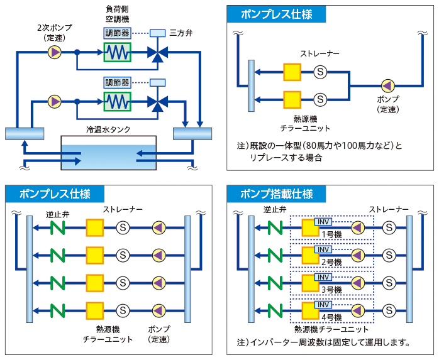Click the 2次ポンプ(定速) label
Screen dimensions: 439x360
coord(55,33)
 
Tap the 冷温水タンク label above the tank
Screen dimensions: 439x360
coord(108,130)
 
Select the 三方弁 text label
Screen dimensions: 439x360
coord(181,33)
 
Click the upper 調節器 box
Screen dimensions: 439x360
coord(118,33)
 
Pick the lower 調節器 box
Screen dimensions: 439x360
coord(118,82)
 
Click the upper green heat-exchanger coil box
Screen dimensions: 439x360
coord(118,52)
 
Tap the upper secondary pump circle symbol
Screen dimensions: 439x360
coord(55,52)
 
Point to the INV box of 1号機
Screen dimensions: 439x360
coord(323,222)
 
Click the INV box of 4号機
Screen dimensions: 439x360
coord(323,305)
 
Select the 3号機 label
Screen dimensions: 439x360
coord(331,290)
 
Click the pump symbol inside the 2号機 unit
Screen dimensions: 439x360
coord(358,255)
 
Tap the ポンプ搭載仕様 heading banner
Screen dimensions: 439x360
coord(276,194)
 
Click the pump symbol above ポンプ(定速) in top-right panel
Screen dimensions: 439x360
coord(388,85)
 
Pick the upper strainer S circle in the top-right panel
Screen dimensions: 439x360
coord(320,72)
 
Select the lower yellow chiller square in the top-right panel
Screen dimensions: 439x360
coord(292,99)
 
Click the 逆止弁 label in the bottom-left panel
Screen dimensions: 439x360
coord(58,214)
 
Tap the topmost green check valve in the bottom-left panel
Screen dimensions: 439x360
coord(58,227)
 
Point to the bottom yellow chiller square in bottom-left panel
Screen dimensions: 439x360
coord(94,310)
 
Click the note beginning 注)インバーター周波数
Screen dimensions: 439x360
coord(323,342)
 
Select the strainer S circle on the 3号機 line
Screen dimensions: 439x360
coord(389,283)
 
